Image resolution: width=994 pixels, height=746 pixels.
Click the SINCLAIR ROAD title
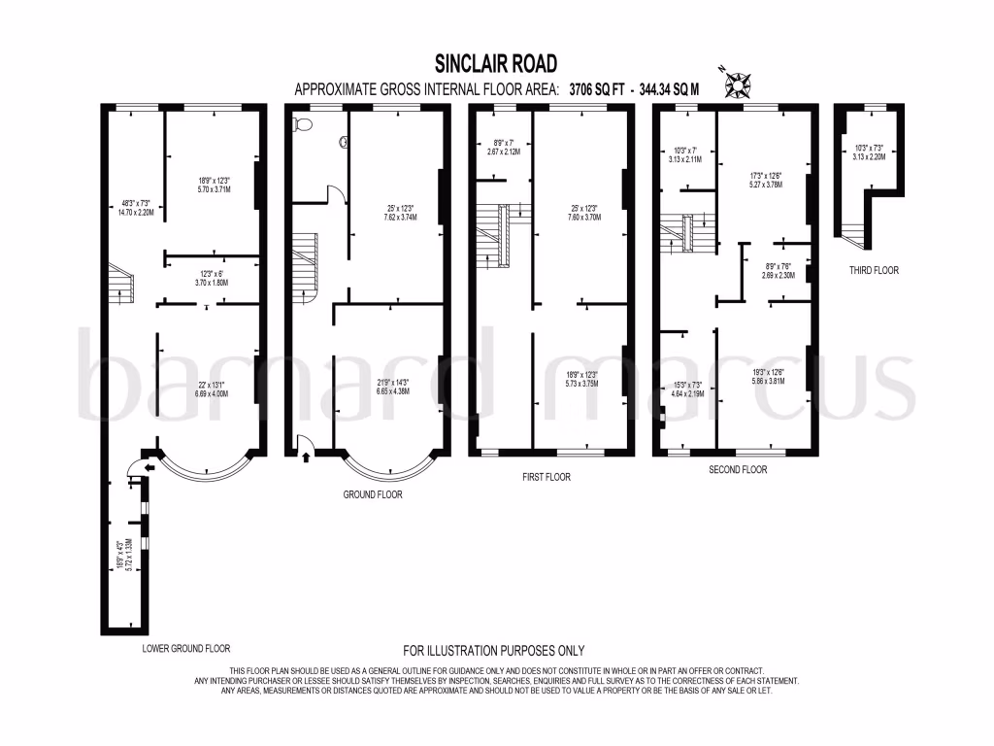click(x=496, y=64)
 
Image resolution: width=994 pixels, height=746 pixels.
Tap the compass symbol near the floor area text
click(x=742, y=85)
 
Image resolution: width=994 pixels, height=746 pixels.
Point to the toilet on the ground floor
click(x=302, y=124)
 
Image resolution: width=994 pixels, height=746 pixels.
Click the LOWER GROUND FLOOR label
click(x=185, y=648)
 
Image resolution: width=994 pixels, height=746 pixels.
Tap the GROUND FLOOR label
click(x=373, y=494)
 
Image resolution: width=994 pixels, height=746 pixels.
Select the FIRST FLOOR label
click(x=546, y=477)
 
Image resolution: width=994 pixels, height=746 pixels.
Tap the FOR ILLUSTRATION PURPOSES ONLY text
click(x=494, y=651)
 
